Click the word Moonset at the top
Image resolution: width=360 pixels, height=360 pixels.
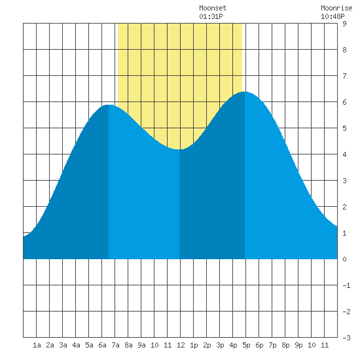click(x=213, y=8)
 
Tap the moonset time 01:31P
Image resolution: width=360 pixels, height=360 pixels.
click(x=211, y=16)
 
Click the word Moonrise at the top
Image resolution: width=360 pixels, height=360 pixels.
click(x=336, y=8)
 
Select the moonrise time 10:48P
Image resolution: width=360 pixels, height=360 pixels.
click(x=333, y=16)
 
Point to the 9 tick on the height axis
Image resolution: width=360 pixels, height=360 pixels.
click(x=344, y=24)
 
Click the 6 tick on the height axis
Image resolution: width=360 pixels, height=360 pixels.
click(x=344, y=102)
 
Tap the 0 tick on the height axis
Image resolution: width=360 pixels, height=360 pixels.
click(x=344, y=259)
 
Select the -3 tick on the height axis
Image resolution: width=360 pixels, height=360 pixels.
click(x=346, y=338)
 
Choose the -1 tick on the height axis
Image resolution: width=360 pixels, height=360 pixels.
click(x=346, y=285)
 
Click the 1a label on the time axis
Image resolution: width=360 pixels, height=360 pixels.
click(x=37, y=345)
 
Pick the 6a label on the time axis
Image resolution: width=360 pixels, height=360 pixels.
click(x=102, y=345)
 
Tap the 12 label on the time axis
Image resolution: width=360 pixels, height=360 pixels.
click(x=181, y=345)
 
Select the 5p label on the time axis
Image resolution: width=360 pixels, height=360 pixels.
click(x=246, y=345)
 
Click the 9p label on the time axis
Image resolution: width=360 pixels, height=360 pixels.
click(x=298, y=345)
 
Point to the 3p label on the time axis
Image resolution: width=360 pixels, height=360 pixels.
click(x=220, y=345)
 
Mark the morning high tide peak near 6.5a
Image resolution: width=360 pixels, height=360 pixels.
click(x=109, y=105)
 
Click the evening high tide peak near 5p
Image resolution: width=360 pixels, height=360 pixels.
click(x=245, y=92)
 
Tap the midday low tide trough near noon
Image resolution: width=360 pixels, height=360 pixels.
click(x=179, y=149)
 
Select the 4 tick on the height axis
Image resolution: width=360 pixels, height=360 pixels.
click(x=344, y=154)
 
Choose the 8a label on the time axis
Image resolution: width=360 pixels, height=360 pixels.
click(x=128, y=345)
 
